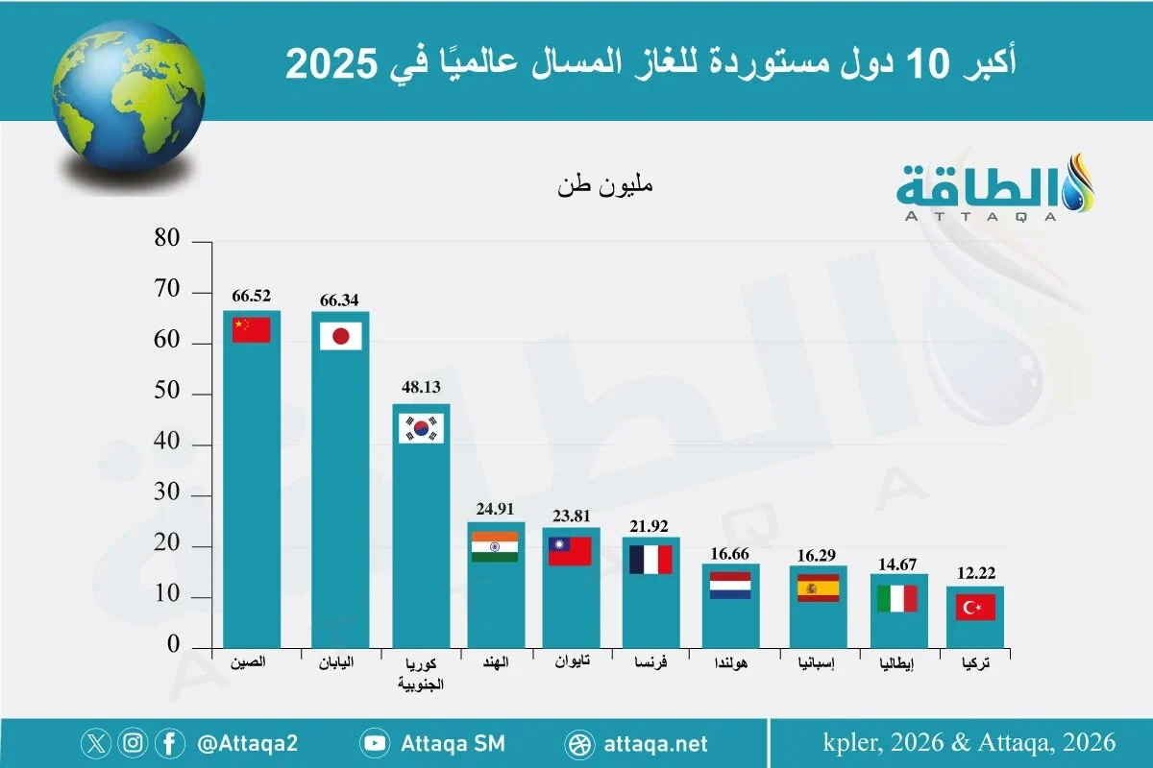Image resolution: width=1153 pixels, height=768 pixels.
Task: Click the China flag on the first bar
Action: coord(252,329)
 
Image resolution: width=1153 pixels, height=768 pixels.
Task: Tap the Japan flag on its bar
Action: coord(340,336)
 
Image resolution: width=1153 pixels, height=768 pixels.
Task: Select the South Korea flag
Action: coord(422,428)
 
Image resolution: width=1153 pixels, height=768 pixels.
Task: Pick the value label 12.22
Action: coord(974,574)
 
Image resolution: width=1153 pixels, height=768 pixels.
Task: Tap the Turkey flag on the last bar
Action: coord(974,607)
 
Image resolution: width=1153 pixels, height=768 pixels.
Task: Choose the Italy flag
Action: coord(897,598)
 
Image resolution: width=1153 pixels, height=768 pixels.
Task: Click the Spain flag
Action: coord(819,588)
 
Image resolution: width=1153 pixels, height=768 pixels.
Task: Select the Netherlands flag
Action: coord(730,586)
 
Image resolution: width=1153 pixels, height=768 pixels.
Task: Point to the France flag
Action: coord(650,560)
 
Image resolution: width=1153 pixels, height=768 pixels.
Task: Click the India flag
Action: coord(495,546)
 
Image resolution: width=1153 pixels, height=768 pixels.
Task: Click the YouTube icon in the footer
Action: coord(374,743)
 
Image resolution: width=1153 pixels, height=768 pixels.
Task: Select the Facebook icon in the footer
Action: coord(170,743)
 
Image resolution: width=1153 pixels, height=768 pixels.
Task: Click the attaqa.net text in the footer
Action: coord(657,743)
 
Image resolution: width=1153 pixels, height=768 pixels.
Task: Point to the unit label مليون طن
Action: coord(604,184)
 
